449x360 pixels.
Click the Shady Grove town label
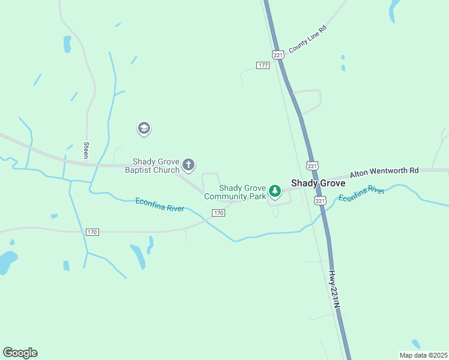click(318, 183)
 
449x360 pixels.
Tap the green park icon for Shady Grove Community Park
click(275, 191)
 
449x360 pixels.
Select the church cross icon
click(188, 164)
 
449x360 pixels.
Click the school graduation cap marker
click(143, 128)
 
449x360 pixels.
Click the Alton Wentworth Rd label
click(384, 172)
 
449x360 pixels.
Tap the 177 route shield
click(262, 65)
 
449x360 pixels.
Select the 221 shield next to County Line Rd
click(277, 54)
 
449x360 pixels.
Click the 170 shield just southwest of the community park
click(218, 213)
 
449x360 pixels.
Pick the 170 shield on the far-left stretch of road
click(92, 232)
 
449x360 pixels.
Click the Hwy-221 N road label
click(334, 289)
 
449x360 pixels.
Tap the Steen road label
click(86, 150)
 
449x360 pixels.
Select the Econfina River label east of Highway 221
click(361, 194)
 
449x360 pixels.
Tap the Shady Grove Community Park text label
click(235, 192)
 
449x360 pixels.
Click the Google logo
click(20, 352)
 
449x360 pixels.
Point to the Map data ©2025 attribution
click(423, 355)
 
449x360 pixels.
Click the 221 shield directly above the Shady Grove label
click(311, 164)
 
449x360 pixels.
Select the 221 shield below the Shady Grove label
click(319, 200)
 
